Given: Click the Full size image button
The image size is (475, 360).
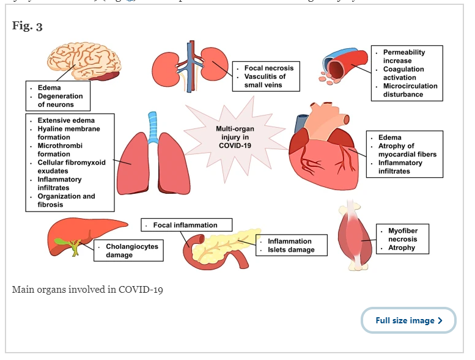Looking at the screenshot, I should pos(408,320).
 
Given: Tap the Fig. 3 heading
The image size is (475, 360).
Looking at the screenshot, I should pos(28,26).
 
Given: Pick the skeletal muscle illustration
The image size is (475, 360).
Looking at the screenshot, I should pos(355,236).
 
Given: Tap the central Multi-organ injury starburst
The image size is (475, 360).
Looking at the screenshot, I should pos(235,133).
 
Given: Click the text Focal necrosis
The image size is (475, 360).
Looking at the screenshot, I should pos(269,68).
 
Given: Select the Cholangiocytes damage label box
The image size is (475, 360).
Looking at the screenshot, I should pos(128,251).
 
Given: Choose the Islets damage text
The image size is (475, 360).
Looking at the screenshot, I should pos(291,249).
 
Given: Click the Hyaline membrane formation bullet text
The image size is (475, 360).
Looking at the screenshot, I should pos(68,133).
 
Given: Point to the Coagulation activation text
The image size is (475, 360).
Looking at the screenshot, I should pos(403,73).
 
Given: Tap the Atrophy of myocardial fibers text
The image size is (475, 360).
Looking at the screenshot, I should pos(407,150).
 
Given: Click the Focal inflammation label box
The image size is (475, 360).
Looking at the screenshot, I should pos(186,225).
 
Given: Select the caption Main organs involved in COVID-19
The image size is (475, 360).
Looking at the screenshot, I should pos(87,289).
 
